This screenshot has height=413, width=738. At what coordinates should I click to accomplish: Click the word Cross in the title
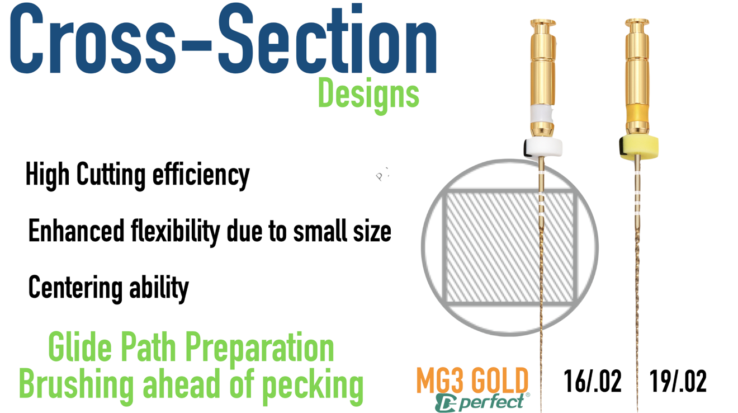[93, 39]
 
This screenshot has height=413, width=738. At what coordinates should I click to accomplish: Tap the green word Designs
[368, 96]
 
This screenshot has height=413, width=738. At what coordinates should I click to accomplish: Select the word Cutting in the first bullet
[111, 176]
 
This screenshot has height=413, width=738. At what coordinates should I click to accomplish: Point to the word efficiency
[201, 176]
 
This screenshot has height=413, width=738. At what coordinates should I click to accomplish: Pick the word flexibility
[176, 232]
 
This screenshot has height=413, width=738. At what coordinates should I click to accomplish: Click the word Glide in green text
[80, 346]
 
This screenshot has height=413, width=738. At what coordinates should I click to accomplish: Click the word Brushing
[76, 386]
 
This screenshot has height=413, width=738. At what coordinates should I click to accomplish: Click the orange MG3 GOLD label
[472, 381]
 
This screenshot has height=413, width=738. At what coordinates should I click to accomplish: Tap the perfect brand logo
[482, 402]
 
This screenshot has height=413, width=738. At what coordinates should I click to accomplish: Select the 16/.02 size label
[593, 381]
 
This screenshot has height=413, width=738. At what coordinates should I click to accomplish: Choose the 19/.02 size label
[678, 381]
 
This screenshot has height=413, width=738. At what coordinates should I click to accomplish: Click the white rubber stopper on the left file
[543, 148]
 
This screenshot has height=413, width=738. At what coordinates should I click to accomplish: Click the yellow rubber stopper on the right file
[638, 147]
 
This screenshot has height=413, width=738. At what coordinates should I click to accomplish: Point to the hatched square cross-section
[510, 247]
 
